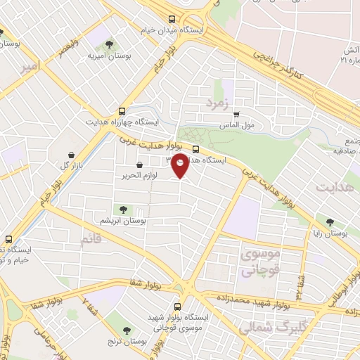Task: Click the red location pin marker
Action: pyautogui.click(x=180, y=166)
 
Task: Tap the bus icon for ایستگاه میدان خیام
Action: pyautogui.click(x=172, y=19)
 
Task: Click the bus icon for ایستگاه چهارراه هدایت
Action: pyautogui.click(x=122, y=111)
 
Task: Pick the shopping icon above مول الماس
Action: pyautogui.click(x=236, y=115)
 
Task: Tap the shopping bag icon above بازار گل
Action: pyautogui.click(x=71, y=155)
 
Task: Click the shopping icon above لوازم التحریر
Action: pyautogui.click(x=139, y=165)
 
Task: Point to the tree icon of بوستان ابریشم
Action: pyautogui.click(x=124, y=210)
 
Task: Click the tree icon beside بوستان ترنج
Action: pyautogui.click(x=127, y=330)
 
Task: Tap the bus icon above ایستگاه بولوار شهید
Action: pyautogui.click(x=176, y=307)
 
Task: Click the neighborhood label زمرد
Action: pyautogui.click(x=218, y=105)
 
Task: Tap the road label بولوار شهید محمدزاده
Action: pyautogui.click(x=254, y=302)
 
